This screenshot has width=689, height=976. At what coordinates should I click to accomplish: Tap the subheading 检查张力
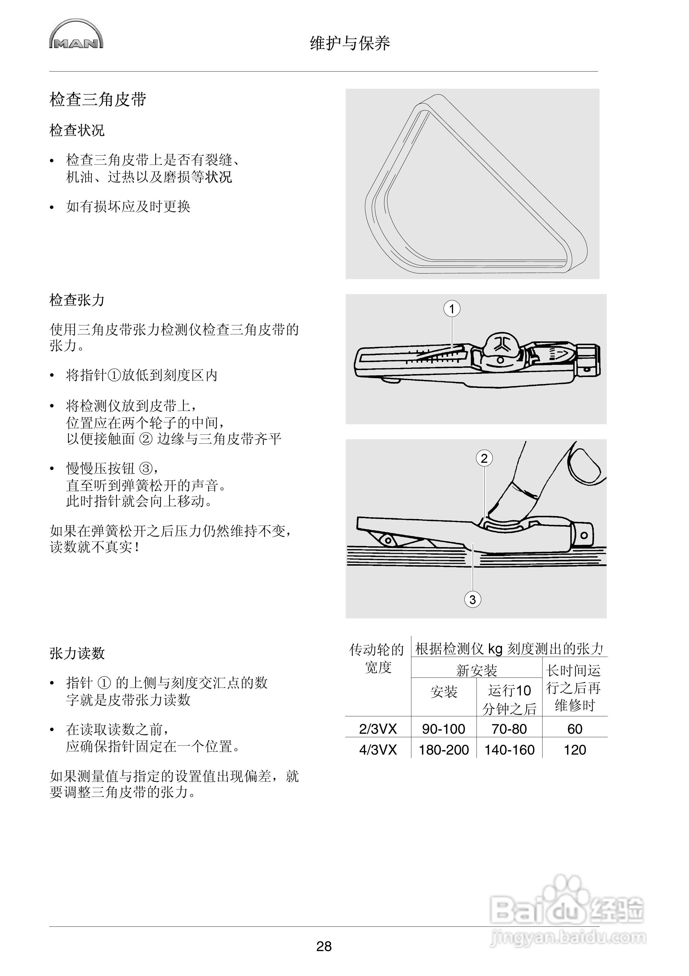tap(77, 300)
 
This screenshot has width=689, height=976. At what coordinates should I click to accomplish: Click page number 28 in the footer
tap(324, 946)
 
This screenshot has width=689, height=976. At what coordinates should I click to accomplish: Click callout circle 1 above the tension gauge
tap(452, 309)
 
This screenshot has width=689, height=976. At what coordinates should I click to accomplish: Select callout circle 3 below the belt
tap(472, 600)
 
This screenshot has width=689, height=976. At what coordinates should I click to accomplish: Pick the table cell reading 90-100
tap(444, 729)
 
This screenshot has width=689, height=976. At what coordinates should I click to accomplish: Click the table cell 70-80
tap(509, 729)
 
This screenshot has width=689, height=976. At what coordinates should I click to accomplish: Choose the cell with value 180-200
tap(444, 750)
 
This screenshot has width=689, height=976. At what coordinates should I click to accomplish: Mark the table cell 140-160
tap(509, 750)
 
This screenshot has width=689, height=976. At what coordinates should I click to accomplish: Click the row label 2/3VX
tap(378, 729)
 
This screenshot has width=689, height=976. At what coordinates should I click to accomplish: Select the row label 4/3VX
tap(378, 750)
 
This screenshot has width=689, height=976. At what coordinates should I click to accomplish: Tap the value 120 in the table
tap(574, 750)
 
